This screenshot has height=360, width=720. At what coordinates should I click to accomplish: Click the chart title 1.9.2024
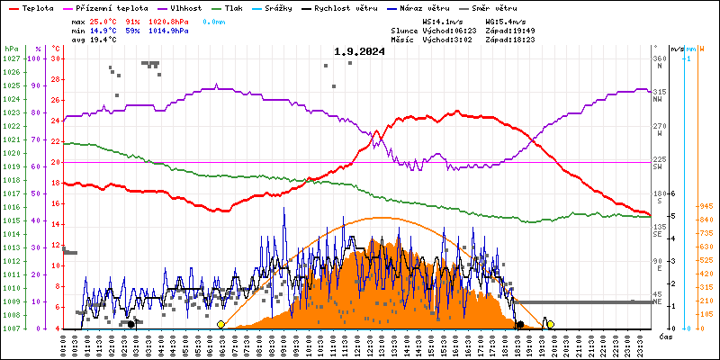(x=359, y=51)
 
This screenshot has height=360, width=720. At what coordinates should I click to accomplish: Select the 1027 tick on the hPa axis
(x=11, y=58)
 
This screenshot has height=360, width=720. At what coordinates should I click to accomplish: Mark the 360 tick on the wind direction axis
(x=659, y=58)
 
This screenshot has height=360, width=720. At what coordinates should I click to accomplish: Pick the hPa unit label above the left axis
(x=11, y=49)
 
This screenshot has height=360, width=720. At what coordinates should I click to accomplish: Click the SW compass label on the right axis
(x=658, y=167)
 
